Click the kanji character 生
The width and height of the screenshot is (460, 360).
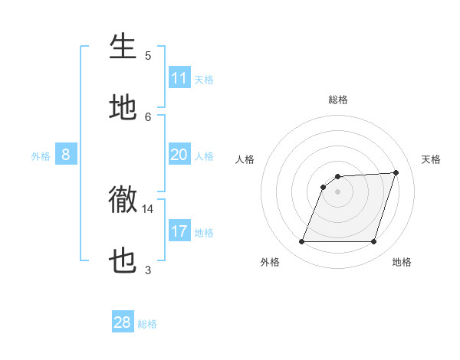coord(123,47)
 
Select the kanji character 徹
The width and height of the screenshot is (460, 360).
coord(123,201)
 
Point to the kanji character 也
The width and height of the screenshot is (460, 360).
coord(123,262)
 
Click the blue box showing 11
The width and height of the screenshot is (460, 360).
coord(179,78)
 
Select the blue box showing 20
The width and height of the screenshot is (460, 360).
coord(179,155)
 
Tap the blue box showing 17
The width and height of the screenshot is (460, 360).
coord(179,231)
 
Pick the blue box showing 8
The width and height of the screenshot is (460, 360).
coord(65,155)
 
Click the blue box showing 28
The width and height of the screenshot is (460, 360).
coord(123,322)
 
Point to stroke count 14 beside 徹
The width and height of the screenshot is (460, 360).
coord(147,208)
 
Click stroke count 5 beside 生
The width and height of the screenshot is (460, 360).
coord(148,56)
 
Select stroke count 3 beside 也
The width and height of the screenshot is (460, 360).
coord(148,270)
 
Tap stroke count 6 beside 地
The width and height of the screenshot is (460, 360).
coord(148,116)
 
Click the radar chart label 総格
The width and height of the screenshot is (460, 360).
coord(337,100)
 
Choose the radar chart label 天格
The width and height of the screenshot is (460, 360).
coord(431,159)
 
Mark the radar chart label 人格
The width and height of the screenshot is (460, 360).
coord(245,159)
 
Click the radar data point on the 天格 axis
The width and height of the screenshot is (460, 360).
coord(396,172)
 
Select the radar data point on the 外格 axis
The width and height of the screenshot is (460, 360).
coord(301,242)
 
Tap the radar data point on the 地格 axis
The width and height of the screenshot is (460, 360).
coord(373,242)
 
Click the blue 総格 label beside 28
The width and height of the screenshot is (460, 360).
coord(147,324)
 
